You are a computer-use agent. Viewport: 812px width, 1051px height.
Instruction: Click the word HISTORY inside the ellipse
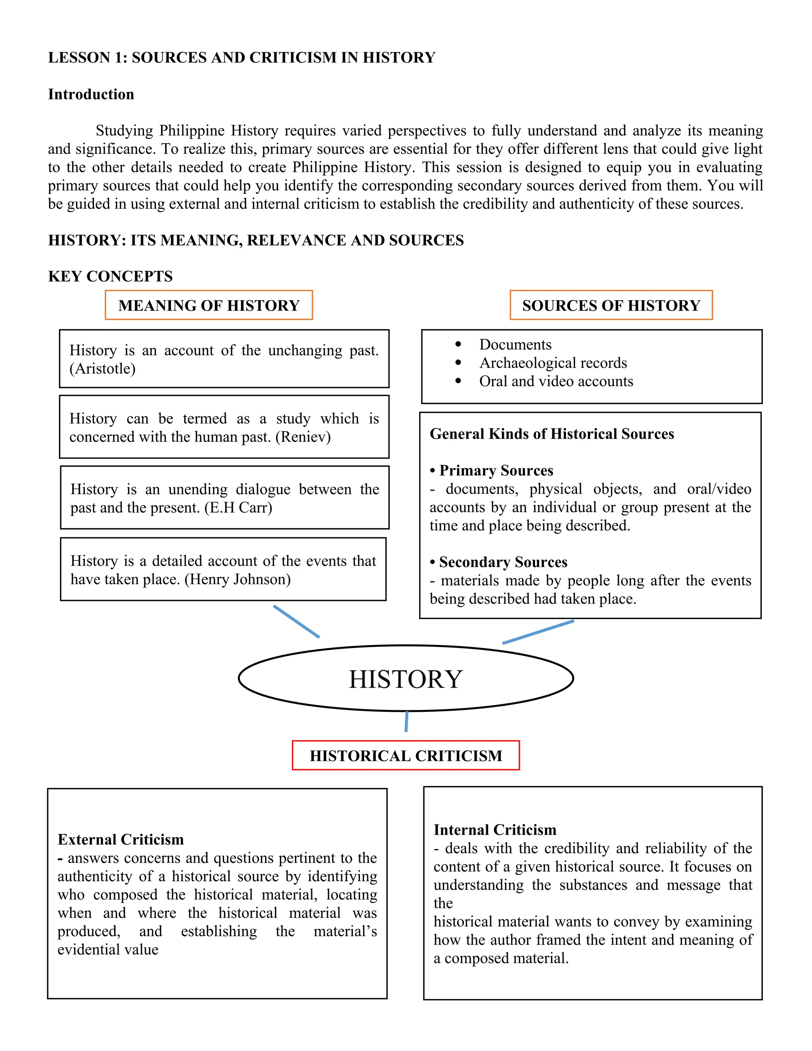point(406,679)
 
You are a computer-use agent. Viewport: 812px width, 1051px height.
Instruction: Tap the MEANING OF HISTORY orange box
point(209,305)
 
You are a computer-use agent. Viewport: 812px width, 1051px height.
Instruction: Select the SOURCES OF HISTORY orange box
point(611,305)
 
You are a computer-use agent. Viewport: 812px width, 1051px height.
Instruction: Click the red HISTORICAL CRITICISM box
point(406,756)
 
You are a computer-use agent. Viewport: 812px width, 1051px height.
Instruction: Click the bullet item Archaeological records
point(553,363)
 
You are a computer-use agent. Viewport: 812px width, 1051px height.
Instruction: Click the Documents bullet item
point(515,345)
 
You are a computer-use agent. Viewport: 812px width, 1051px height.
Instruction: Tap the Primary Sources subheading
point(496,470)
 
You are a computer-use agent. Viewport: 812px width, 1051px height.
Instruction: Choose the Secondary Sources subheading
point(503,562)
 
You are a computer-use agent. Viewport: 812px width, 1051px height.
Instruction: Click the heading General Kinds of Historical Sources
point(552,433)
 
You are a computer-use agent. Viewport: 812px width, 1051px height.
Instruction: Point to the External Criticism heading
point(121,840)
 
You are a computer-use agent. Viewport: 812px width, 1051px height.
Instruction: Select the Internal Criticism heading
point(495,830)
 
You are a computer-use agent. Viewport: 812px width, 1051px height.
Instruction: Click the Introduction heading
point(91,94)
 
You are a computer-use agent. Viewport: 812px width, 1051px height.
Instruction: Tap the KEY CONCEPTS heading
point(110,276)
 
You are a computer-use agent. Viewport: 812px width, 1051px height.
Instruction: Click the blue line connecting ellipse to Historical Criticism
point(406,721)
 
